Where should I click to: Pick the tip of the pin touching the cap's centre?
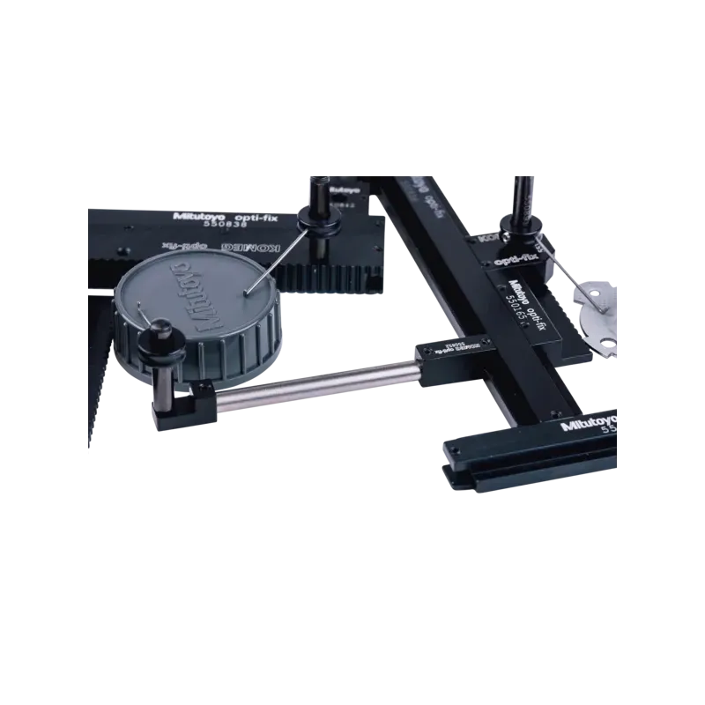[248, 290]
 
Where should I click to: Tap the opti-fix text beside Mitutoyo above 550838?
[241, 212]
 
